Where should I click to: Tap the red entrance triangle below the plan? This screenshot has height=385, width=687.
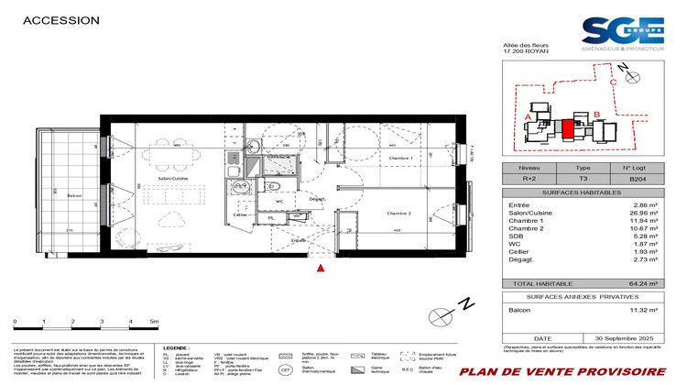click(x=320, y=268)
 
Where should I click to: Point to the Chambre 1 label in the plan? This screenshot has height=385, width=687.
click(x=400, y=159)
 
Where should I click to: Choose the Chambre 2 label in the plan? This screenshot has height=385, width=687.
click(x=399, y=213)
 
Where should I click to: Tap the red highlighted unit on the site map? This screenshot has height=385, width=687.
click(x=568, y=130)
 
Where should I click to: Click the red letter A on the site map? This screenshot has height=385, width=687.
click(x=529, y=116)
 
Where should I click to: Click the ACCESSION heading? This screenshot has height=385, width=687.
click(x=60, y=19)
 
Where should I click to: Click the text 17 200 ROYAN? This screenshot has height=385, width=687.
click(x=526, y=51)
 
